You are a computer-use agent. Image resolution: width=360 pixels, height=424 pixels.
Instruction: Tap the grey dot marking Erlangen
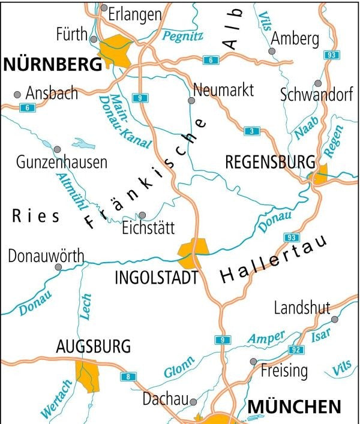click(104, 8)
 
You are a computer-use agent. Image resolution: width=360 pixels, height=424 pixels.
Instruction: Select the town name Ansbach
click(52, 94)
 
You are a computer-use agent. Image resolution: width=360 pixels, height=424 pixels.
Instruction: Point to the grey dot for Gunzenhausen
click(57, 149)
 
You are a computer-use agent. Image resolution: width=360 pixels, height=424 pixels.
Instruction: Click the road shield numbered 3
click(252, 131)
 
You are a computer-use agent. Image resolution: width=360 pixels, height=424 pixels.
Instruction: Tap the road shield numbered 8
click(127, 377)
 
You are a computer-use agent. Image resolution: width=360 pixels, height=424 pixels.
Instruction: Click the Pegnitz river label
click(183, 36)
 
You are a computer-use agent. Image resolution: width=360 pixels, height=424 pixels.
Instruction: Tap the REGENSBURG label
click(270, 162)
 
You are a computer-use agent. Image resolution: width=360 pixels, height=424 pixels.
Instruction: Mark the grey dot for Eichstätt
click(142, 215)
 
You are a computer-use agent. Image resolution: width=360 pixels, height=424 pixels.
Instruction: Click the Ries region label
click(36, 216)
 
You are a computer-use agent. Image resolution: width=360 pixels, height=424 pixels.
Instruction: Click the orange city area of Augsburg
click(87, 375)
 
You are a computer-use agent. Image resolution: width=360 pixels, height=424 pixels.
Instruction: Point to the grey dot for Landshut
click(334, 319)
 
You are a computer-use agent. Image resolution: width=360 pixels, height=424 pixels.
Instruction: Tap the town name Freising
click(284, 370)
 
